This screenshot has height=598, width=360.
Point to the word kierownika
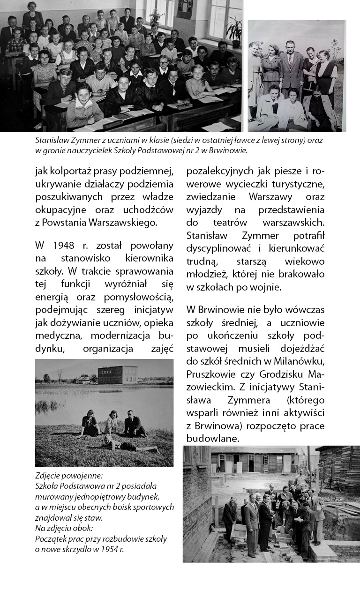coord(149,258)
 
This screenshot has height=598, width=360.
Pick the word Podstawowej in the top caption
coord(158,150)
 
